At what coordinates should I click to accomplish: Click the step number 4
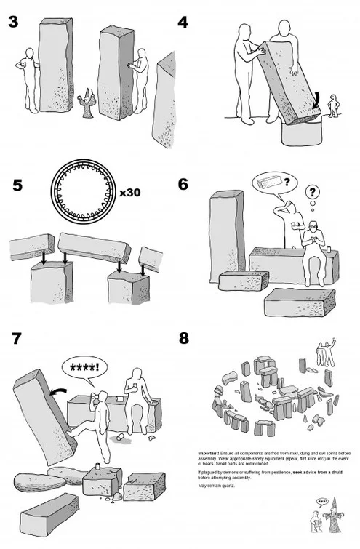tap(183, 22)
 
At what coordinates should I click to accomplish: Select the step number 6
tap(183, 184)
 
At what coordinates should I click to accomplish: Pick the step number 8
tap(183, 338)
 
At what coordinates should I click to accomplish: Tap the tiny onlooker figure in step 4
tap(334, 105)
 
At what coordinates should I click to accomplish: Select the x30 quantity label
tap(130, 193)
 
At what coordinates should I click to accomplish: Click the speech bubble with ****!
tap(85, 366)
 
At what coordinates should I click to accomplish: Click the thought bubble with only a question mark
tap(313, 193)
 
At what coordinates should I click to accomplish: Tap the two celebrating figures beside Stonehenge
tap(324, 355)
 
